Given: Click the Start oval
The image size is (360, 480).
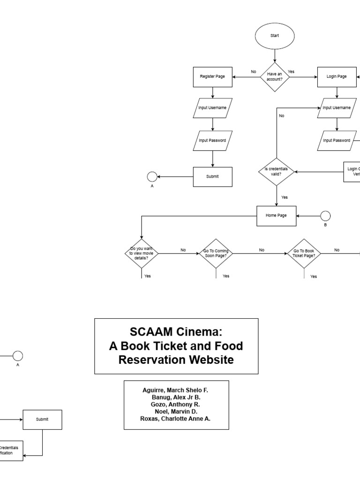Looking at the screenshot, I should [274, 35].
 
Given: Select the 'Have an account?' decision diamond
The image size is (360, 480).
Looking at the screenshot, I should [275, 76].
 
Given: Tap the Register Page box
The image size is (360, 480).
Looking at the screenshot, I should [213, 76].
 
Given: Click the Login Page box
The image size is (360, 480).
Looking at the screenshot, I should [337, 76].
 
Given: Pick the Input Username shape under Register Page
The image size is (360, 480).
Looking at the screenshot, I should [213, 108].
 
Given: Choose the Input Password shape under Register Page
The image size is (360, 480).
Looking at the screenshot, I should [213, 140].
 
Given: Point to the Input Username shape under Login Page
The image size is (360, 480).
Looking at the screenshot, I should [337, 108].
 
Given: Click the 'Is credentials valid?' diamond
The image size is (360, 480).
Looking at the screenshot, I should [277, 172].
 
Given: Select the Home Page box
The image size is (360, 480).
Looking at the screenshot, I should [277, 216].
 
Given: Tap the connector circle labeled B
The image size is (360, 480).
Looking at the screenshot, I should [325, 216].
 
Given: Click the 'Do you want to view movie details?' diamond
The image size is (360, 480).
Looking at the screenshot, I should [142, 253].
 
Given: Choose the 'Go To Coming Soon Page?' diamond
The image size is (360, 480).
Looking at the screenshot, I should [216, 253].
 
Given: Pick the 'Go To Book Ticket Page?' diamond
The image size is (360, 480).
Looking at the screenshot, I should [304, 253].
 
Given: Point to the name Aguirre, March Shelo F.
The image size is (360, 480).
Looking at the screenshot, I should [176, 390].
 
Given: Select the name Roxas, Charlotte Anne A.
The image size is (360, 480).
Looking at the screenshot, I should [176, 419].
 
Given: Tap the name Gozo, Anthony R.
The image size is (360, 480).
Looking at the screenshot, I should [176, 405].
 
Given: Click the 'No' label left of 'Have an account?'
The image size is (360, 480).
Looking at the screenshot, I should [254, 72].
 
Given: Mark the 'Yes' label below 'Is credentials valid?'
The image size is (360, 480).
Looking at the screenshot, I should [285, 197].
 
